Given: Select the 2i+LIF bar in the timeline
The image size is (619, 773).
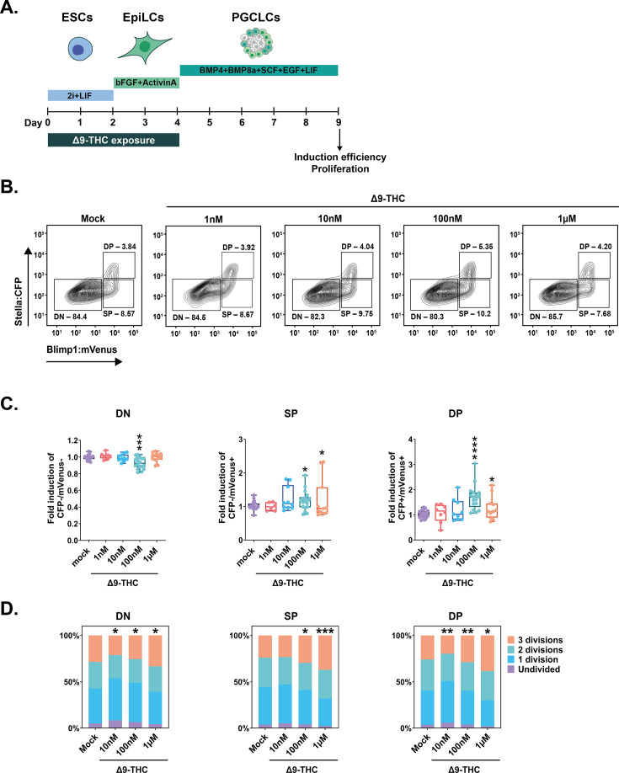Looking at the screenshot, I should pos(80,97).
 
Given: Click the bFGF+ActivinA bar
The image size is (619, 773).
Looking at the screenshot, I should pos(147,83).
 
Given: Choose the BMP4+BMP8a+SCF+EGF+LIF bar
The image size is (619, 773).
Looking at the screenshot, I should pos(259,71).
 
